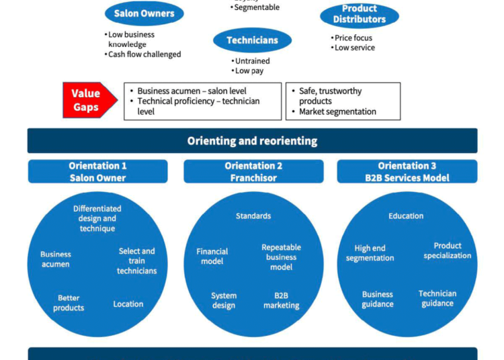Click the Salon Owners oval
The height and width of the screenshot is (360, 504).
point(144,13)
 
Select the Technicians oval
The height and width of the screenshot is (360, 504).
point(252,40)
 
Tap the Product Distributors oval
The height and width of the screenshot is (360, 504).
point(360,14)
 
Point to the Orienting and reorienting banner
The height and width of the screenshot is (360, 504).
point(252,141)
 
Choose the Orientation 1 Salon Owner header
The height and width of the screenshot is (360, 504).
point(97,172)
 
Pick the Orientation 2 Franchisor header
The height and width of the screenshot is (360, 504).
point(253,172)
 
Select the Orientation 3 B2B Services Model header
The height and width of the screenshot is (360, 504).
point(407,172)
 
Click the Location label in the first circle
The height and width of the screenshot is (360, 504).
point(128,304)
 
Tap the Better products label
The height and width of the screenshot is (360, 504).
point(69,303)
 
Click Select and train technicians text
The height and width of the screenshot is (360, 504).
point(137,261)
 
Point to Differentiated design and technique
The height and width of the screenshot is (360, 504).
point(97,218)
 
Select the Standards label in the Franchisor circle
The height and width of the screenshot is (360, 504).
point(253,216)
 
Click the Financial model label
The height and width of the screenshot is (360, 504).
point(212,257)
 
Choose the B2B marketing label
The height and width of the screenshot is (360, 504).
point(281,300)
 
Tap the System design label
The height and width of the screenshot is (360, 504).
point(224,300)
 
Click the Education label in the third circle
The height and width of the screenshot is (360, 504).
point(406,216)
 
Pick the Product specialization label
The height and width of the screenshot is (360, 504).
point(448,251)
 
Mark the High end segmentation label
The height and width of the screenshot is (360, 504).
point(370,253)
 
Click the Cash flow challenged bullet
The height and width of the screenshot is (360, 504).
point(144,54)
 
